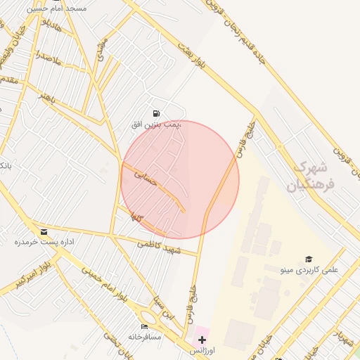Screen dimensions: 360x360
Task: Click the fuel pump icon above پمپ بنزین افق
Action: (155, 112)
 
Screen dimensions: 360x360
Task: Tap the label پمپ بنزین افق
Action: (156, 124)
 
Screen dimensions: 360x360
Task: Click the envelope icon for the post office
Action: (44, 231)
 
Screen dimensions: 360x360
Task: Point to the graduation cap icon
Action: (307, 259)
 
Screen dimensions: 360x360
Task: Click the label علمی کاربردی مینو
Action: (309, 269)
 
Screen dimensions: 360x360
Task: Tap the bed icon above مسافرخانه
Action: (144, 326)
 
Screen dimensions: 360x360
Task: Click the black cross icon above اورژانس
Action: (202, 339)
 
